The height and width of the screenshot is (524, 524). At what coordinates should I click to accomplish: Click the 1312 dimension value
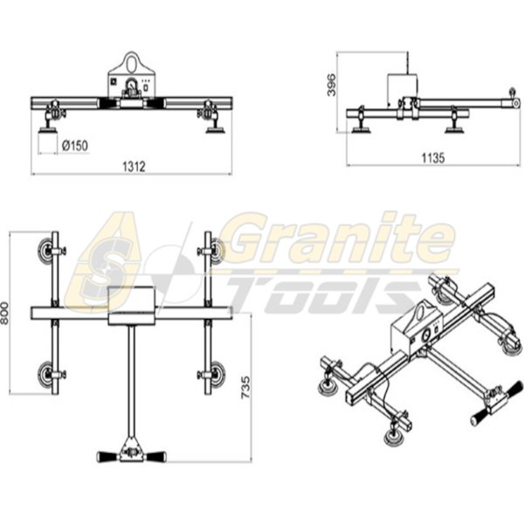tap(133, 165)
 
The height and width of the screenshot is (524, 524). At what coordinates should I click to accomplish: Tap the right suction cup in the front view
tap(212, 130)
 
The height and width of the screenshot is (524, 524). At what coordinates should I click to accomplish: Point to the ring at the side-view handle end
tap(512, 90)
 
